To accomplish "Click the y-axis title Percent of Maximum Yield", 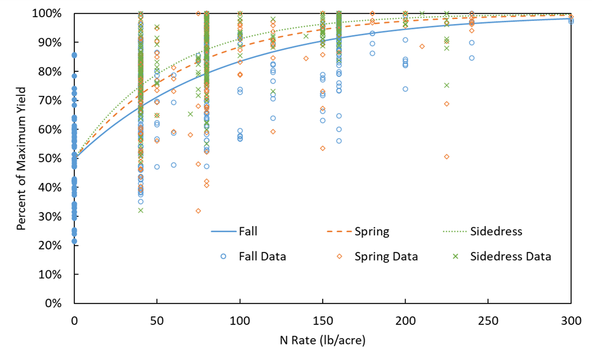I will (x=21, y=157).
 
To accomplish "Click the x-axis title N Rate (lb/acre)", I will (x=322, y=338).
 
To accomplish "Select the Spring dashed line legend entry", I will (x=358, y=232).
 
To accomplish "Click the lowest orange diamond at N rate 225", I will (x=446, y=157).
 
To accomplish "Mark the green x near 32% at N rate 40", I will (x=141, y=210).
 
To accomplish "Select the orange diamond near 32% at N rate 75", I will (x=198, y=211).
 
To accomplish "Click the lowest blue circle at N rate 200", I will (x=405, y=89).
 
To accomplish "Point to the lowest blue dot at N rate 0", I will (x=74, y=241).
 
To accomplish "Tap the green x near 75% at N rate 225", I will (x=446, y=85).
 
